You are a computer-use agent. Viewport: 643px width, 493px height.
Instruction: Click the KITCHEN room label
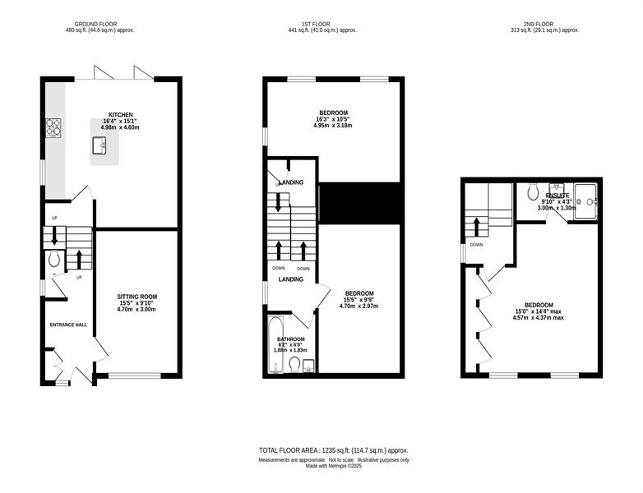[x=121, y=115]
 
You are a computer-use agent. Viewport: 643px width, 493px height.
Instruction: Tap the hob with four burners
[x=53, y=127]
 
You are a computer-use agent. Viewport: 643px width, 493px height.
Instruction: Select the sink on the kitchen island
[x=99, y=145]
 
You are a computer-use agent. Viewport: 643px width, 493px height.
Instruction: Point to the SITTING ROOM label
[x=137, y=297]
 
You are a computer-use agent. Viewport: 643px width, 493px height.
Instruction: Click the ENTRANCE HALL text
[x=68, y=325]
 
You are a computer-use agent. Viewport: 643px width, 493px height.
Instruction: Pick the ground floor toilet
[x=54, y=259]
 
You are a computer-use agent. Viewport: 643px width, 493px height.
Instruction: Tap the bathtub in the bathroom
[x=275, y=344]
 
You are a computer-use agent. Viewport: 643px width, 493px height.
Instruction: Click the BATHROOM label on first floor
[x=291, y=339]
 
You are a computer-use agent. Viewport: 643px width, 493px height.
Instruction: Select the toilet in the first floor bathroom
[x=294, y=364]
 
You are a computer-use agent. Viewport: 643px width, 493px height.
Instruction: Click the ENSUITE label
[x=557, y=196]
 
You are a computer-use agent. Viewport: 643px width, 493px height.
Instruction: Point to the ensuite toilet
[x=533, y=191]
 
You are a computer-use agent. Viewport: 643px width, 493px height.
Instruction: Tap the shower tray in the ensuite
[x=585, y=201]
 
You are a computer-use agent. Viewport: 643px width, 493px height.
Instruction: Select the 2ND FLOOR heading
[x=539, y=24]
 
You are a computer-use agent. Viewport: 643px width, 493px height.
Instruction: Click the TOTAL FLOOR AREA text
[x=289, y=450]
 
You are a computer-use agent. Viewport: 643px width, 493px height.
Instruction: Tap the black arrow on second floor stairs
[x=477, y=227]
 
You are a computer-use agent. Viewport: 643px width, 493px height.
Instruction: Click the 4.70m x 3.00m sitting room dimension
[x=136, y=310]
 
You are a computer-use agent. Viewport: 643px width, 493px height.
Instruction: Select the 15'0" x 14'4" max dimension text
[x=539, y=311]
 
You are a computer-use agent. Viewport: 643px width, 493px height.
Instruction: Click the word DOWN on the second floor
[x=476, y=245]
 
